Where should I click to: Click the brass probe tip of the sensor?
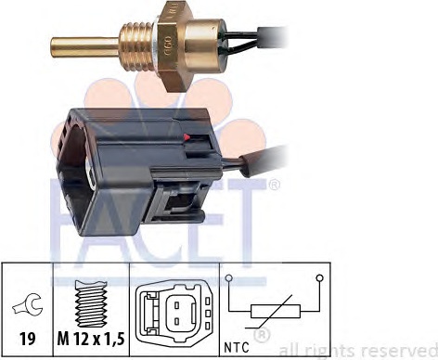85,47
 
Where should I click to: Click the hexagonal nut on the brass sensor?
171,46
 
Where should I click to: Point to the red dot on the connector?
187,137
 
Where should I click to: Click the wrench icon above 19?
27,304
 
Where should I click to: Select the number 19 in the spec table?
27,339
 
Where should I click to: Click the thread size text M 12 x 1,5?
91,340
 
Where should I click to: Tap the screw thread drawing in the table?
91,303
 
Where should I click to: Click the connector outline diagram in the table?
174,311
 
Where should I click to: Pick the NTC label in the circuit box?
237,348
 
